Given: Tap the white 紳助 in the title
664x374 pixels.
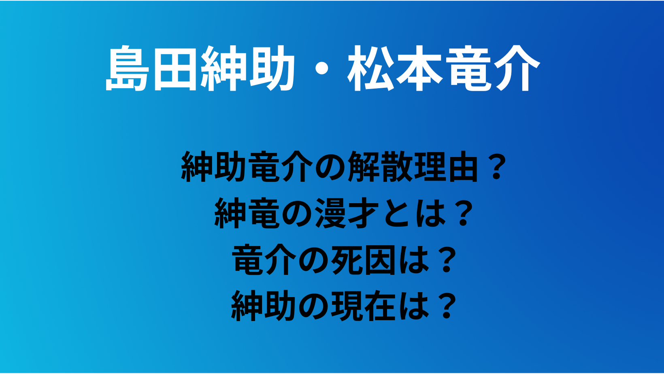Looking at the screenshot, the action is coord(247,68).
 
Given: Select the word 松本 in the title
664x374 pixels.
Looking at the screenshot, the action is coord(395,68).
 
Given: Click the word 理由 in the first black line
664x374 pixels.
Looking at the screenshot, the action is coord(447,166).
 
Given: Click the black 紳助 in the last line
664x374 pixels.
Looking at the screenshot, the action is coord(264,306).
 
